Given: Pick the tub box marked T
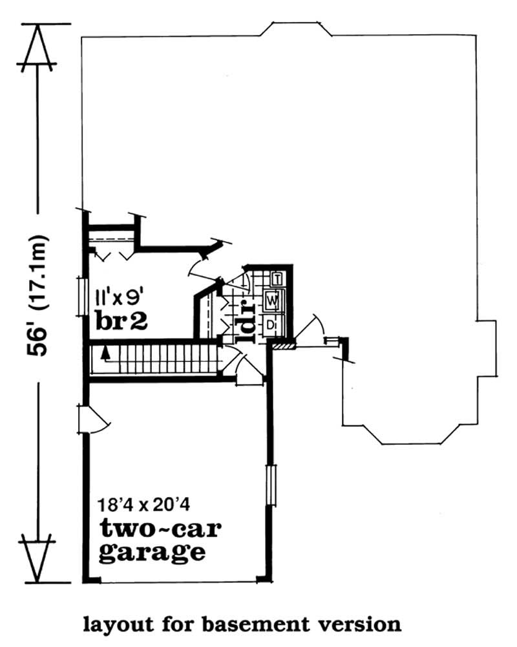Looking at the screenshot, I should click(277, 279).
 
